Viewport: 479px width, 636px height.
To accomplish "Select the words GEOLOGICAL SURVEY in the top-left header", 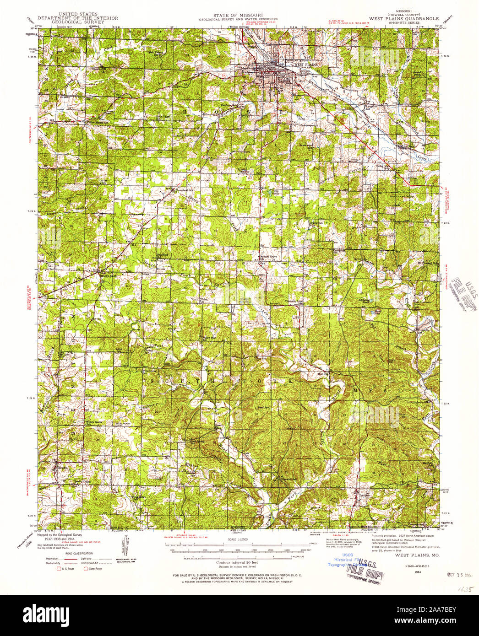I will [x=77, y=22].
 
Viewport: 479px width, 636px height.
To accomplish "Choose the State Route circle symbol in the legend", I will [x=85, y=569].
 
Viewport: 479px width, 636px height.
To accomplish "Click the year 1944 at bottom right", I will [x=417, y=571].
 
